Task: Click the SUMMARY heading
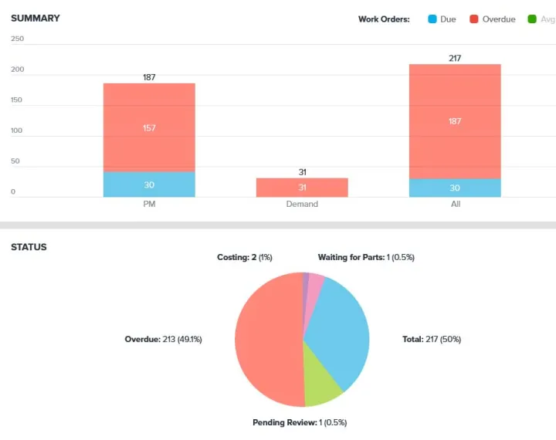point(35,18)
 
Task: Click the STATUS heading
point(29,247)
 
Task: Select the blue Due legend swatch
point(432,19)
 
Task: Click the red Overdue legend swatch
point(473,19)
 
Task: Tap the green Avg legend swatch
point(531,19)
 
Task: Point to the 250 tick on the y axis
point(18,39)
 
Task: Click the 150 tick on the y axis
point(18,100)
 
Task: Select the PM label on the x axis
point(149,204)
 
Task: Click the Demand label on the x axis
point(302,204)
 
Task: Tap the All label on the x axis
point(455,204)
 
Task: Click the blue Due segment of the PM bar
point(149,184)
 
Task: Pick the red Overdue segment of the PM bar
point(149,127)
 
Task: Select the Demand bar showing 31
point(302,188)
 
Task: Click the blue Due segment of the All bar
point(455,188)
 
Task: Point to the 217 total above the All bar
point(455,58)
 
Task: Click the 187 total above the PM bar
point(149,77)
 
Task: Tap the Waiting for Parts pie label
point(366,257)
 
